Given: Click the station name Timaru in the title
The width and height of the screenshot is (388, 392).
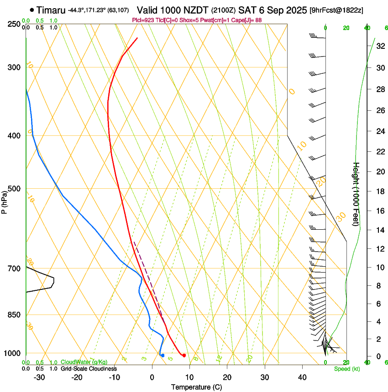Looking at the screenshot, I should [51, 10].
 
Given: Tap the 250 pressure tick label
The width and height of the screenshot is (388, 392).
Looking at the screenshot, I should [14, 24].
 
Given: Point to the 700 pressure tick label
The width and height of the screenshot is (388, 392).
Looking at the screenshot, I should [14, 268].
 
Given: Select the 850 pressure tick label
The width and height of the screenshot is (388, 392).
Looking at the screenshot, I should [14, 315].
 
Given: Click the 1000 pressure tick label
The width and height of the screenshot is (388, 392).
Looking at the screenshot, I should [12, 353].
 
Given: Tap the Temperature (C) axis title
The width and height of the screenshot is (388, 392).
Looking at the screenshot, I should [196, 387].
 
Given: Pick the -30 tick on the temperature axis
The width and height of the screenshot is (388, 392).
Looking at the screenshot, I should [39, 377].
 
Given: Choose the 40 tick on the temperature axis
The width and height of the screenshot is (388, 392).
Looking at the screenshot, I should [302, 377].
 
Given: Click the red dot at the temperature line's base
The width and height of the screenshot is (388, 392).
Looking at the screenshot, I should [184, 356].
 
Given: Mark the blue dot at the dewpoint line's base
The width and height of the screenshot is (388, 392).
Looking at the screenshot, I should [163, 355].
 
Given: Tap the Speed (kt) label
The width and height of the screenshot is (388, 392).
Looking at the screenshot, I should [346, 369].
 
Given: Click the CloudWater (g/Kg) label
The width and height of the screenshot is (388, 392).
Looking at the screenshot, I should [78, 362].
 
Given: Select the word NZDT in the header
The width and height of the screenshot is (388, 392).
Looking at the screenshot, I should [196, 10].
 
